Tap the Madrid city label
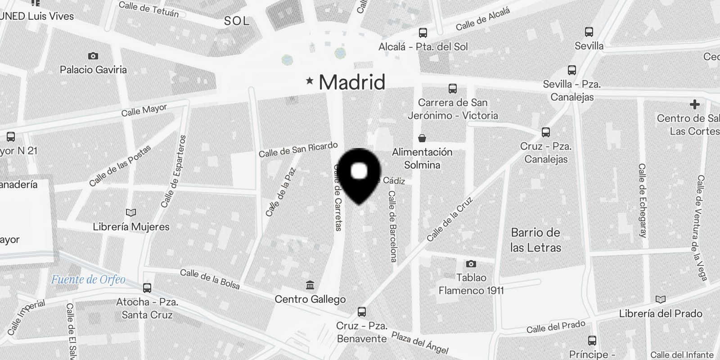click(352, 82)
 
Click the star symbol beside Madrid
click(310, 81)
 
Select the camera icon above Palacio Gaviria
click(93, 56)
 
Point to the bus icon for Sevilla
click(589, 32)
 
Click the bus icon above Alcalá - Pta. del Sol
click(423, 33)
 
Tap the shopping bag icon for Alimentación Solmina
click(422, 138)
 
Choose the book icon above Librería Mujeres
click(131, 212)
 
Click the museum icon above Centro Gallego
click(310, 285)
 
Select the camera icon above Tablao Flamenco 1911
click(471, 264)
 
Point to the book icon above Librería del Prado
click(661, 300)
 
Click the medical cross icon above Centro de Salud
click(695, 105)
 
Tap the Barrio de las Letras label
click(535, 240)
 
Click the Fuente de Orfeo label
click(88, 279)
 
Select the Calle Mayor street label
click(144, 110)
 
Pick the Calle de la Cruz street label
click(450, 219)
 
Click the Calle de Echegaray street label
click(642, 200)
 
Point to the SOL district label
click(236, 21)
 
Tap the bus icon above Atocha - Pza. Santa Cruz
click(147, 288)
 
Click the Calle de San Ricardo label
click(298, 149)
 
